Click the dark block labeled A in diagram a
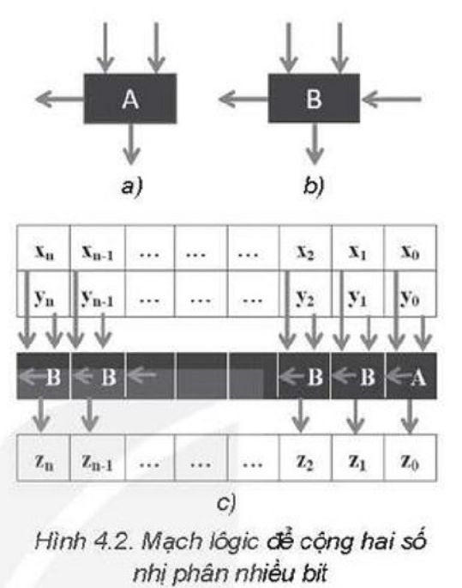coord(130,99)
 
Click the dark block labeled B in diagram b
coord(314,99)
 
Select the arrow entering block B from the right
coord(391,100)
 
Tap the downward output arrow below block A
coord(130,144)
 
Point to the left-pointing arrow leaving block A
coord(59,100)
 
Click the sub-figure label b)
coord(314,185)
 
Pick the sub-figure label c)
coord(226,503)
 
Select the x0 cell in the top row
coord(410,248)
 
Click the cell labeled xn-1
coord(98,248)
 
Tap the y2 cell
coord(305,294)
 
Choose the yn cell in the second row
coord(44,294)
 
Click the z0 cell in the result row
coord(410,458)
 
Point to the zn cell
coord(44,458)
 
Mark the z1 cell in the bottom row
coord(357,458)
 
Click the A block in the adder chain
coord(411,376)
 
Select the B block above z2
coord(304,376)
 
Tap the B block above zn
coord(43,376)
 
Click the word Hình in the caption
coord(61,541)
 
